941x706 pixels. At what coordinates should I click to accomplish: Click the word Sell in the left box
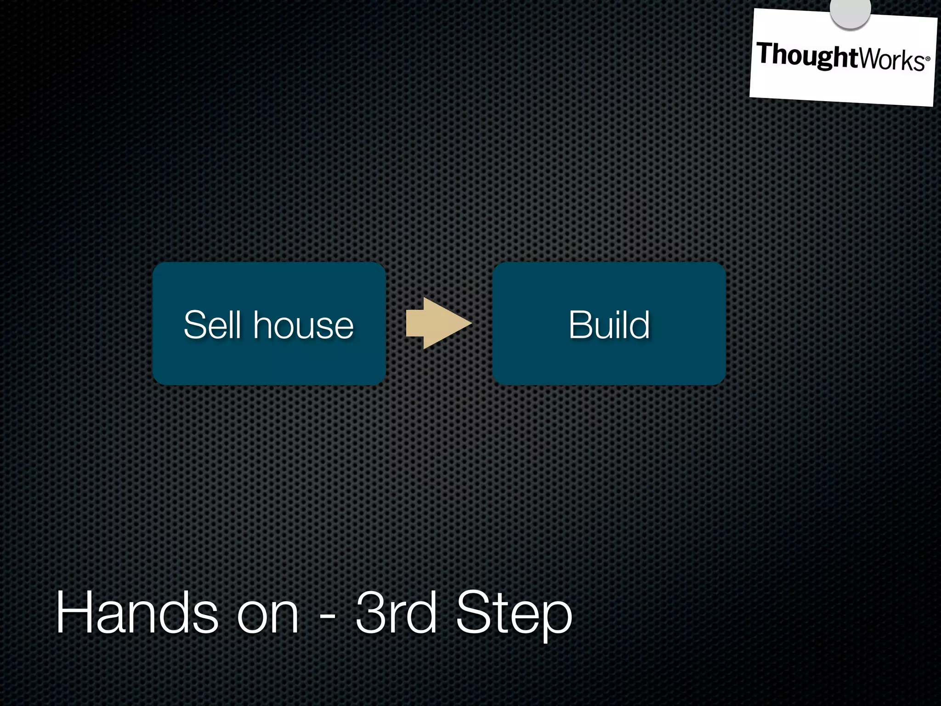[212, 325]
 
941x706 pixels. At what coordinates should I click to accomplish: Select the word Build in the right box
[609, 325]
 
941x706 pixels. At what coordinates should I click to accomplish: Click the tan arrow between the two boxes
[437, 323]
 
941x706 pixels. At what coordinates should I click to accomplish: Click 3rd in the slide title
[396, 613]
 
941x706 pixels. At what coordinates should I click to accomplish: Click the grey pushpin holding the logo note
[850, 11]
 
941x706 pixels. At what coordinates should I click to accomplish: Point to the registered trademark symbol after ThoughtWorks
[928, 58]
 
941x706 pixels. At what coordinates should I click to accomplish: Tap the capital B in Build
[580, 325]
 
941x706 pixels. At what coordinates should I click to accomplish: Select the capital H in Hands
[74, 613]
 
